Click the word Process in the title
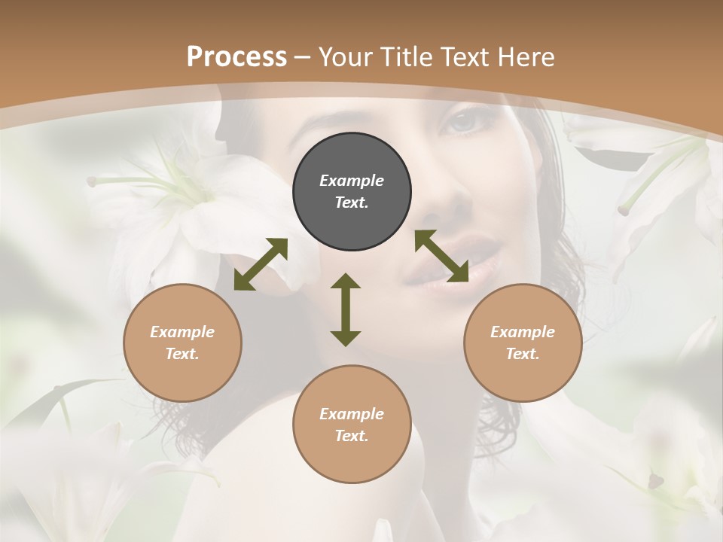click(236, 57)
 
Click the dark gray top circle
click(352, 192)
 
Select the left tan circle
click(182, 343)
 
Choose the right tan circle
click(523, 343)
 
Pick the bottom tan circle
click(352, 425)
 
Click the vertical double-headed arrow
click(346, 309)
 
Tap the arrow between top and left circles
click(261, 264)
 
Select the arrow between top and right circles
click(442, 256)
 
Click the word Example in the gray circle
click(352, 181)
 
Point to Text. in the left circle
click(182, 354)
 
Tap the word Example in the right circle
click(523, 332)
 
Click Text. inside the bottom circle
click(352, 436)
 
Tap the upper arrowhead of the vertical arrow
click(346, 282)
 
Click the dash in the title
click(303, 58)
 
